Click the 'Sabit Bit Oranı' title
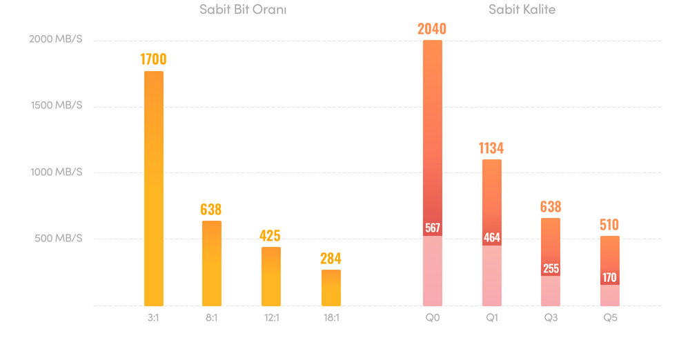click(243, 10)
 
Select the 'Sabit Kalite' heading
click(522, 10)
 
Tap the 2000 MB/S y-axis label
click(55, 39)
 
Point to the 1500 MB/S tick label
click(55, 106)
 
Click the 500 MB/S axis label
click(57, 238)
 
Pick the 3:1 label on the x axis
click(153, 318)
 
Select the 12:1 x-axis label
click(270, 318)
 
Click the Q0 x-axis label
click(433, 318)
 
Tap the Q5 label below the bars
click(610, 318)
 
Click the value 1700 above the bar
click(153, 59)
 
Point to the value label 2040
click(432, 28)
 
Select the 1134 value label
click(491, 148)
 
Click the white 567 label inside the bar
click(433, 228)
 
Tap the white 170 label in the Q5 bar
click(610, 278)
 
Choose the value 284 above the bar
click(331, 259)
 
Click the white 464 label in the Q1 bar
click(492, 238)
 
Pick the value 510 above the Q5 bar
click(609, 225)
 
